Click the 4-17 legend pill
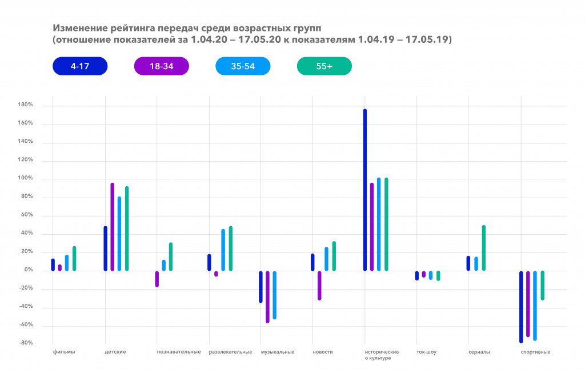(x=79, y=66)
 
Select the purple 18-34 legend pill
(x=161, y=66)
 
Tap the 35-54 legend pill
(x=243, y=66)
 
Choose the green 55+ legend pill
(x=324, y=66)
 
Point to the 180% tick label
(x=26, y=105)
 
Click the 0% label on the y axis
(x=29, y=270)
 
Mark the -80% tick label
(x=26, y=343)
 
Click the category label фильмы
(x=63, y=352)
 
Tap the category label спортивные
(x=535, y=352)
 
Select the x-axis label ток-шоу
(x=427, y=352)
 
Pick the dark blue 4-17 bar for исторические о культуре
(x=365, y=190)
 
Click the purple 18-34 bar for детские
(x=113, y=227)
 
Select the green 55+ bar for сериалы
(x=484, y=248)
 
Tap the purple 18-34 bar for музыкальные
(x=267, y=296)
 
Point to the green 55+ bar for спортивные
(x=543, y=285)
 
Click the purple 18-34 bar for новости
(x=319, y=285)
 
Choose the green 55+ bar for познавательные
(x=171, y=256)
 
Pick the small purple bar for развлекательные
(x=216, y=274)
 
